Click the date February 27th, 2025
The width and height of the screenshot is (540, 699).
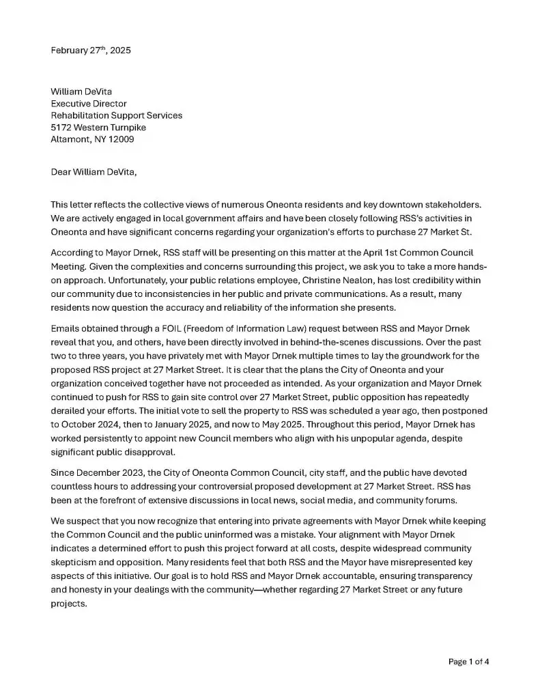click(91, 51)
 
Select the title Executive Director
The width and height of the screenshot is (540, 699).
click(89, 104)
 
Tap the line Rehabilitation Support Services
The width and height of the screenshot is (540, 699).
click(116, 115)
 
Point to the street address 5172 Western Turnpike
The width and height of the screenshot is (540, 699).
click(98, 127)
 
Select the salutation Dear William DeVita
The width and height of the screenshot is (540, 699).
click(94, 171)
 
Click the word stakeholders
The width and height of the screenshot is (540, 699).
click(456, 204)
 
